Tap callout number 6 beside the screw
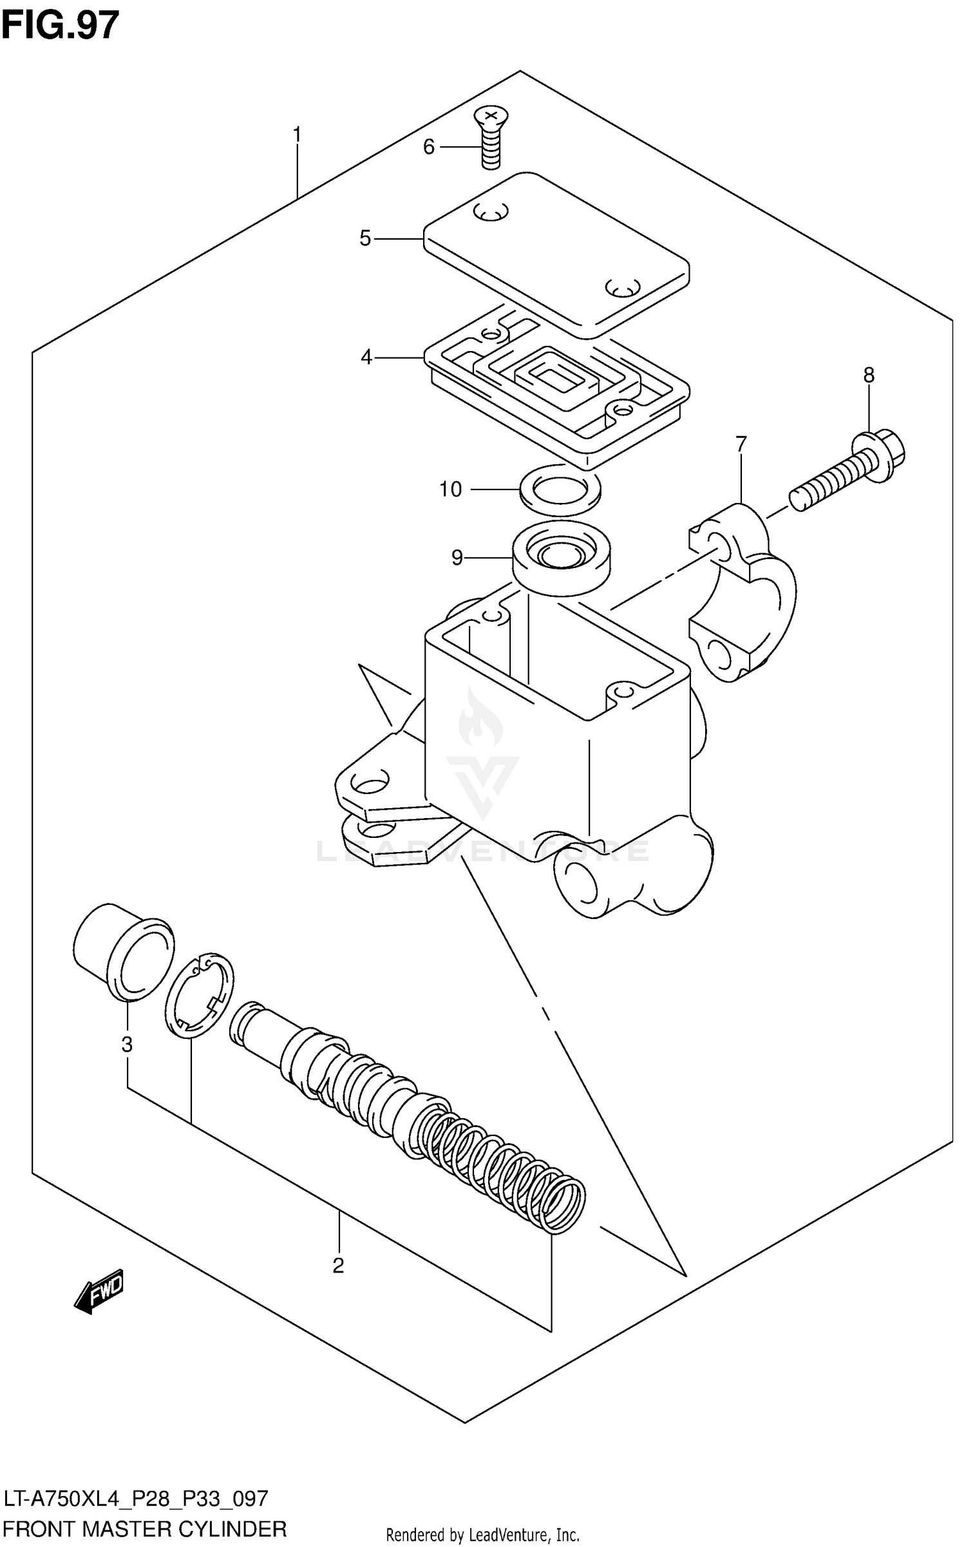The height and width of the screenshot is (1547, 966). coord(429,147)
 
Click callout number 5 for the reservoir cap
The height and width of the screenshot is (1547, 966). coord(365,239)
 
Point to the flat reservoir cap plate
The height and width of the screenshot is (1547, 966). coord(557,254)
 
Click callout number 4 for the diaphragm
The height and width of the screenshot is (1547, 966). coord(366,356)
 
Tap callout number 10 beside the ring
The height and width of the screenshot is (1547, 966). coord(450,489)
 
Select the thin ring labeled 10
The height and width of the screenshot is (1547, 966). coord(560,490)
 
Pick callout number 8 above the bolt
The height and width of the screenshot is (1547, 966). coord(869,375)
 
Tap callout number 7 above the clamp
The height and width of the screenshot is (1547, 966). coord(741,444)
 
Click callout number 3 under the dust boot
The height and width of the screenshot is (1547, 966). coord(127,1044)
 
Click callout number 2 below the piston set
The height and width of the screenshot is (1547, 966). coord(338,1266)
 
